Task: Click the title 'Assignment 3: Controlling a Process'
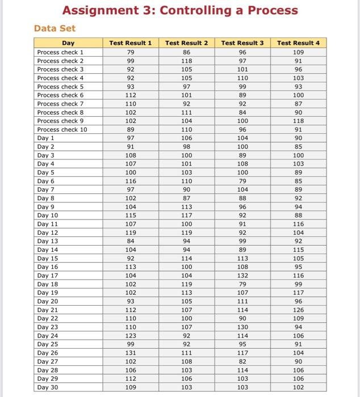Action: coord(180,10)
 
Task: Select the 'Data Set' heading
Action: coord(55,28)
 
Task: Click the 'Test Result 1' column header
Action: coord(131,43)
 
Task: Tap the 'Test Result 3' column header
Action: coord(242,43)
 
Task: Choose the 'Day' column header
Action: coord(68,43)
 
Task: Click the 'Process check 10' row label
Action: coord(62,129)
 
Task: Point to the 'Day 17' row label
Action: coord(48,276)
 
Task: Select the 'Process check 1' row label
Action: coord(60,52)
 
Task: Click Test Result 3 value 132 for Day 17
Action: coord(242,276)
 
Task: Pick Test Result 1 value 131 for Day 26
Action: coord(131,353)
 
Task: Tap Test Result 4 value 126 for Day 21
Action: coord(299,310)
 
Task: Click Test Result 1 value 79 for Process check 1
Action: coord(131,52)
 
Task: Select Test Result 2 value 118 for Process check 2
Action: coord(187,61)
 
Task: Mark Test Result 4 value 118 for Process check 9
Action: coord(299,121)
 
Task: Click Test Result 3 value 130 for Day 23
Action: coord(242,327)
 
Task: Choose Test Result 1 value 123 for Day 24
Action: coord(131,336)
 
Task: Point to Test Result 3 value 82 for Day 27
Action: coord(242,361)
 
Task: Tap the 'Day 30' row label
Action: coord(48,387)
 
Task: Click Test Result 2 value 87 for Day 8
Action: coord(187,198)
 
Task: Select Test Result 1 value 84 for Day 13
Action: coord(131,241)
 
